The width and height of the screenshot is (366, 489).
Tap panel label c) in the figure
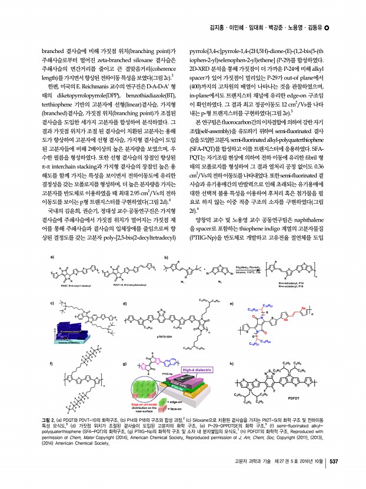click(52, 303)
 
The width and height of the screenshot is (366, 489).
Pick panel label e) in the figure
click(231, 303)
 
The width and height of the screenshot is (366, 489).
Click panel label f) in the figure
click(52, 364)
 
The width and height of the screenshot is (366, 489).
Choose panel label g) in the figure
click(124, 364)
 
